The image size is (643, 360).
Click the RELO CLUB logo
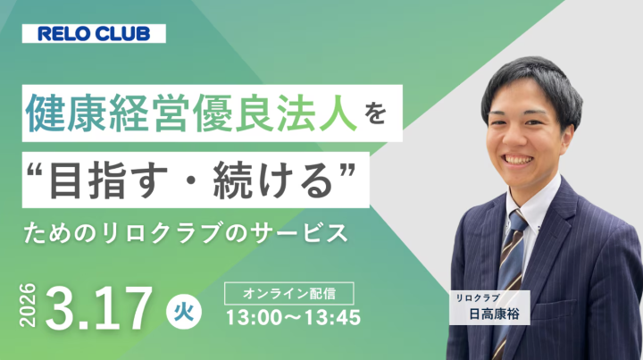pyautogui.click(x=101, y=35)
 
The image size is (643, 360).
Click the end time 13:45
pyautogui.click(x=331, y=317)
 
